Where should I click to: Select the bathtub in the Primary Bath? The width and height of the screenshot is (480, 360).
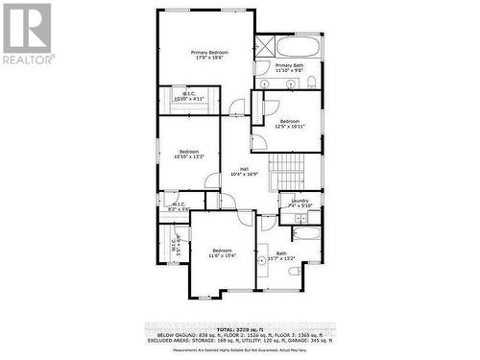(300, 46)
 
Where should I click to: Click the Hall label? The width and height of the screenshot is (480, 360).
(244, 172)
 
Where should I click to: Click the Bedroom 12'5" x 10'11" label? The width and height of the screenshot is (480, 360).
(290, 124)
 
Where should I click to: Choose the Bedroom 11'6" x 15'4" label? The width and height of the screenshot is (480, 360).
(222, 252)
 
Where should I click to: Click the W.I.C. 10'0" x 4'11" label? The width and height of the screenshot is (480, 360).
(189, 96)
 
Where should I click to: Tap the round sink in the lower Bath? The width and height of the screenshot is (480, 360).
(261, 260)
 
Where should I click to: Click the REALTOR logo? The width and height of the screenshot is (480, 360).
(28, 33)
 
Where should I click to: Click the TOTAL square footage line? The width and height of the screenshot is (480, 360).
(240, 327)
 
